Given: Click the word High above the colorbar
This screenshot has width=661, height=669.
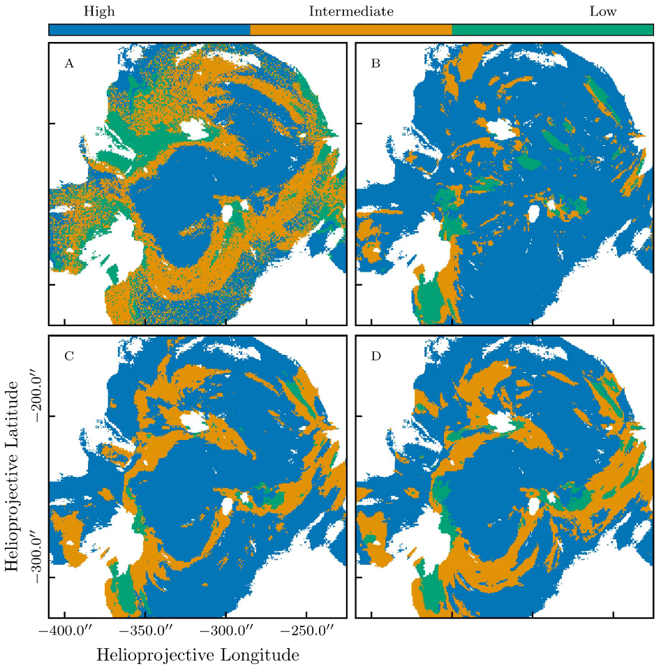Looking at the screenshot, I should click(99, 11).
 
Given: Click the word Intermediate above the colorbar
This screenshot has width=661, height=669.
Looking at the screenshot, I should click(351, 11).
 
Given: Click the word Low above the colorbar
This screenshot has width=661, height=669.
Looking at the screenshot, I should click(602, 11).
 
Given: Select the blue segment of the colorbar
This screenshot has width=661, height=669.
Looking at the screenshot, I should click(149, 29).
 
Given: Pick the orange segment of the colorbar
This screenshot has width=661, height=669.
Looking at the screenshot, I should click(350, 29).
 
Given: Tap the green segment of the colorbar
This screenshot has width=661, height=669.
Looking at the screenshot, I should click(552, 29).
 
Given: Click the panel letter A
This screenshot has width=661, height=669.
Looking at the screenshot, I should click(68, 64).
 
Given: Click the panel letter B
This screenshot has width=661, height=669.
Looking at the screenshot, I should click(376, 64).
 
